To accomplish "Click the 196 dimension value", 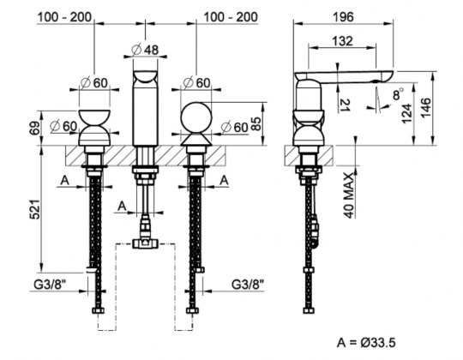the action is click(x=344, y=17).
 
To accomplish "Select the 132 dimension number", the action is click(x=342, y=41).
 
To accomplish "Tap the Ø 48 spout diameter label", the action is click(x=145, y=50).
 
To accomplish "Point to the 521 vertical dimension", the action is click(x=35, y=209).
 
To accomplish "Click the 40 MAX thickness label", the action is click(x=349, y=195).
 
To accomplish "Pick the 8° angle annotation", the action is click(x=399, y=93).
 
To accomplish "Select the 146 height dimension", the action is click(x=426, y=108).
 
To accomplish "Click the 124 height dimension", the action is click(x=407, y=113).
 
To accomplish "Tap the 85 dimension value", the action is click(x=256, y=124).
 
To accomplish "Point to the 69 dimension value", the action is click(x=35, y=128).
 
